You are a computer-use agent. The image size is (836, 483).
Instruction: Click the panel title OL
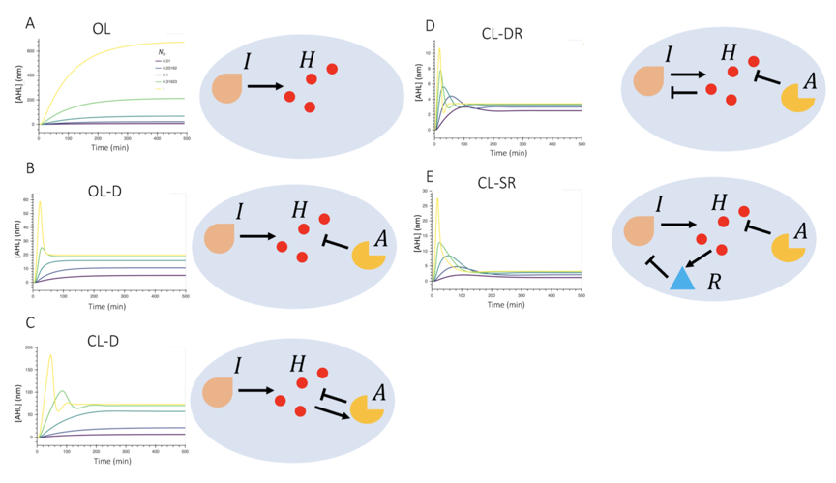[x=101, y=29]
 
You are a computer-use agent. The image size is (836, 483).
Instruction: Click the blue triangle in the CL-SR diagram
[x=682, y=278]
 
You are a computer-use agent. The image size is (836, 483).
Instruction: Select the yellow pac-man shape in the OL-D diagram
[x=368, y=256]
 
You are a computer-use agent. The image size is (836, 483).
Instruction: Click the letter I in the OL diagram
[x=247, y=62]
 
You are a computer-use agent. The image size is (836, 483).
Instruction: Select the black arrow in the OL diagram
[x=264, y=86]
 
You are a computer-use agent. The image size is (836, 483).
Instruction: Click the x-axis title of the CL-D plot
[x=112, y=462]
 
